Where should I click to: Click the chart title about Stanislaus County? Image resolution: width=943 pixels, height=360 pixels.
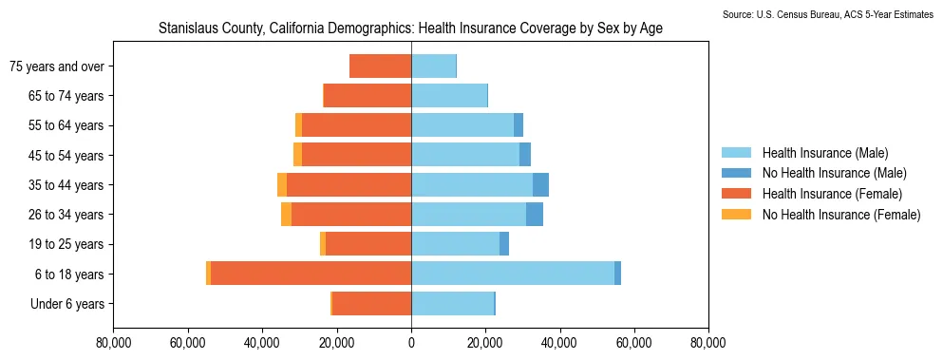pyautogui.click(x=411, y=28)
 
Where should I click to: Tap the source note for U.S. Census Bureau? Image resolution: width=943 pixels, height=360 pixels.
pyautogui.click(x=828, y=14)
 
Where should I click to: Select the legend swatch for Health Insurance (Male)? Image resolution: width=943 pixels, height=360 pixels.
pyautogui.click(x=736, y=153)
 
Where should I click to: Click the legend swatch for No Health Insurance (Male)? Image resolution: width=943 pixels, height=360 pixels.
pyautogui.click(x=736, y=174)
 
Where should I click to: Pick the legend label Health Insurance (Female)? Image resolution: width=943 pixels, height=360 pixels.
pyautogui.click(x=832, y=194)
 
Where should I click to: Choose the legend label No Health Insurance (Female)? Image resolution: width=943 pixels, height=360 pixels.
pyautogui.click(x=841, y=215)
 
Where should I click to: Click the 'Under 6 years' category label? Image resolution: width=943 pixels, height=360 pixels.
pyautogui.click(x=67, y=304)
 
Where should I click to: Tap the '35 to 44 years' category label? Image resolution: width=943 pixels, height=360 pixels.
pyautogui.click(x=66, y=185)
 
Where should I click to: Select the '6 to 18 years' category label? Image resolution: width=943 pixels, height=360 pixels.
pyautogui.click(x=69, y=275)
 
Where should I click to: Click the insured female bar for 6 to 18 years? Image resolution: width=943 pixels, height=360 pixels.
pyautogui.click(x=311, y=274)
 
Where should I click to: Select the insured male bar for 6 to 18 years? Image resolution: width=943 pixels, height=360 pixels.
pyautogui.click(x=513, y=274)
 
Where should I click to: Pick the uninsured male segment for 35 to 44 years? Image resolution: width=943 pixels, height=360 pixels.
pyautogui.click(x=540, y=184)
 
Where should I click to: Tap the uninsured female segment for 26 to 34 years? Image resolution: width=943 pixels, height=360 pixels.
pyautogui.click(x=286, y=215)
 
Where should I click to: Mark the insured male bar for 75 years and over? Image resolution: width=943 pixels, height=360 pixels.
pyautogui.click(x=434, y=66)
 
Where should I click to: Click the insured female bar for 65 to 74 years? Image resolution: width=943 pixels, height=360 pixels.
pyautogui.click(x=368, y=95)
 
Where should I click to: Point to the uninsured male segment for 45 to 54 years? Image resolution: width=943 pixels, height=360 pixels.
pyautogui.click(x=525, y=155)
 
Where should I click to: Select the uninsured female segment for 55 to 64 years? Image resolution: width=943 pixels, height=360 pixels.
pyautogui.click(x=299, y=124)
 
